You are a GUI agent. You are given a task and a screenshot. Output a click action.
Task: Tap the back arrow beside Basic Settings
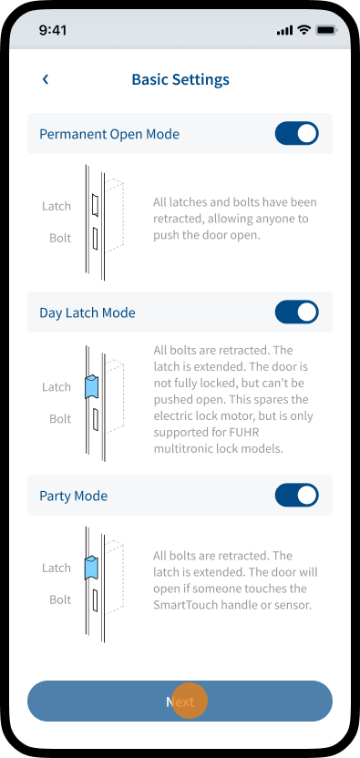coord(46,79)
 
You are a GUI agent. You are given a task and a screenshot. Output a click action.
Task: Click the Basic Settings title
coord(180,79)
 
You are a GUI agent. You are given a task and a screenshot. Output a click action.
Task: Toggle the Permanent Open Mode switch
coord(296,133)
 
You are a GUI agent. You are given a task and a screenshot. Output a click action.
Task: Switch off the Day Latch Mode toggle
coord(296,312)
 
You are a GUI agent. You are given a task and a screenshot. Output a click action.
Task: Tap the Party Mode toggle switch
coord(296,496)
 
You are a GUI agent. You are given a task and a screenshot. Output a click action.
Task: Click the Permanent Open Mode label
coord(109,134)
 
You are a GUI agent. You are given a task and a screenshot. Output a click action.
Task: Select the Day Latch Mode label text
coord(87,312)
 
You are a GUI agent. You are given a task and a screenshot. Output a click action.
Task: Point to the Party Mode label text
coord(74,496)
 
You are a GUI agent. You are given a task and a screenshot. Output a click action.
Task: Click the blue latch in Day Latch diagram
coord(91,386)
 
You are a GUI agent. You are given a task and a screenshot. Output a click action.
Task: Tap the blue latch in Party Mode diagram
coord(91,568)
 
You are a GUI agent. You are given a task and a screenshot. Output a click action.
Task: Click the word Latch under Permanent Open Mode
coord(57,207)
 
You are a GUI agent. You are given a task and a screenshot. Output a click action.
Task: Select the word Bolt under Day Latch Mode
coord(60,419)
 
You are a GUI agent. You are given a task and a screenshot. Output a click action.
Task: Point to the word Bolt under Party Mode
coord(60,599)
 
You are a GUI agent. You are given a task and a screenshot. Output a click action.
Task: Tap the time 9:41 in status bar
coord(53,30)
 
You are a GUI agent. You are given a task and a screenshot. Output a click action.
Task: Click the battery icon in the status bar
coord(326,30)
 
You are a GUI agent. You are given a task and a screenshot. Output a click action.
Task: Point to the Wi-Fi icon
coord(303,30)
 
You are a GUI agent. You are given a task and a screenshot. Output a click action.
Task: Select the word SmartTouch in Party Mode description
coord(181,605)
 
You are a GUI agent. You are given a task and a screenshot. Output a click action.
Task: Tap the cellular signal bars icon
coord(285,30)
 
